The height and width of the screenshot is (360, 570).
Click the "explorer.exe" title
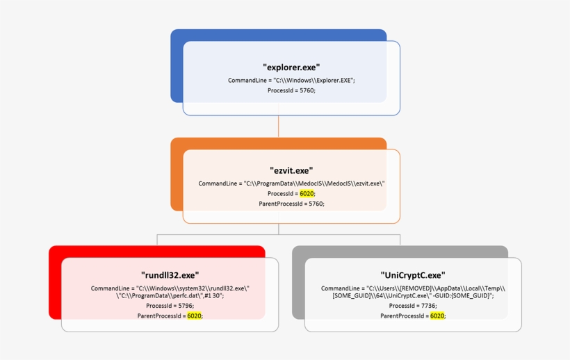(291, 67)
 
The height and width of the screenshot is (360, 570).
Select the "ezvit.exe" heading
(291, 170)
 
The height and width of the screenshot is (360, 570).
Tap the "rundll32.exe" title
(170, 275)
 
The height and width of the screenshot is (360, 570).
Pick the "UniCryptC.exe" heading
(413, 275)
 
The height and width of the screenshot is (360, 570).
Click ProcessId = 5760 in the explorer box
(291, 90)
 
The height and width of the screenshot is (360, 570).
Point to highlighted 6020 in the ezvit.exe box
(307, 194)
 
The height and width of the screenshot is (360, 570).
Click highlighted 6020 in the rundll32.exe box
(194, 316)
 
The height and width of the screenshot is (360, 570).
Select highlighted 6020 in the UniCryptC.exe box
(437, 316)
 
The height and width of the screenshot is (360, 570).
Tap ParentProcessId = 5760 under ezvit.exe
(291, 204)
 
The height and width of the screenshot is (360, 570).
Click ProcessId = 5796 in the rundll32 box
(170, 306)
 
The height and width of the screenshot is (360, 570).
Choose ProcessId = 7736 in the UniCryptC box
(413, 306)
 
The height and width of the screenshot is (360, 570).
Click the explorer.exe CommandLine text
(291, 81)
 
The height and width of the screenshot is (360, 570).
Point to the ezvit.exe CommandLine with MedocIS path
(291, 183)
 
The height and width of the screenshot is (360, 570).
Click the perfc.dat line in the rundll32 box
(170, 295)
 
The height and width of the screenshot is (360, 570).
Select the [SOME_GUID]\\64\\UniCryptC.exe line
(413, 295)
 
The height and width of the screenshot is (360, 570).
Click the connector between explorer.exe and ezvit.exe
(279, 126)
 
